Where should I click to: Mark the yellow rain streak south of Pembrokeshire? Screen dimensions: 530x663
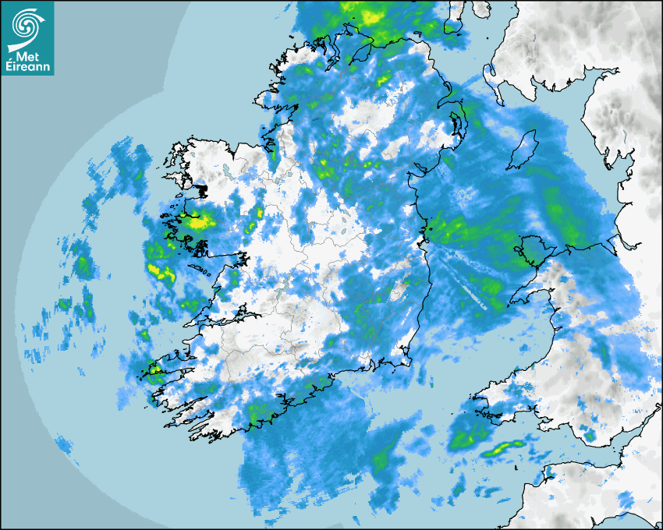pyautogui.click(x=503, y=448)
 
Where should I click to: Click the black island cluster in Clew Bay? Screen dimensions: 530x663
pyautogui.click(x=201, y=189)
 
